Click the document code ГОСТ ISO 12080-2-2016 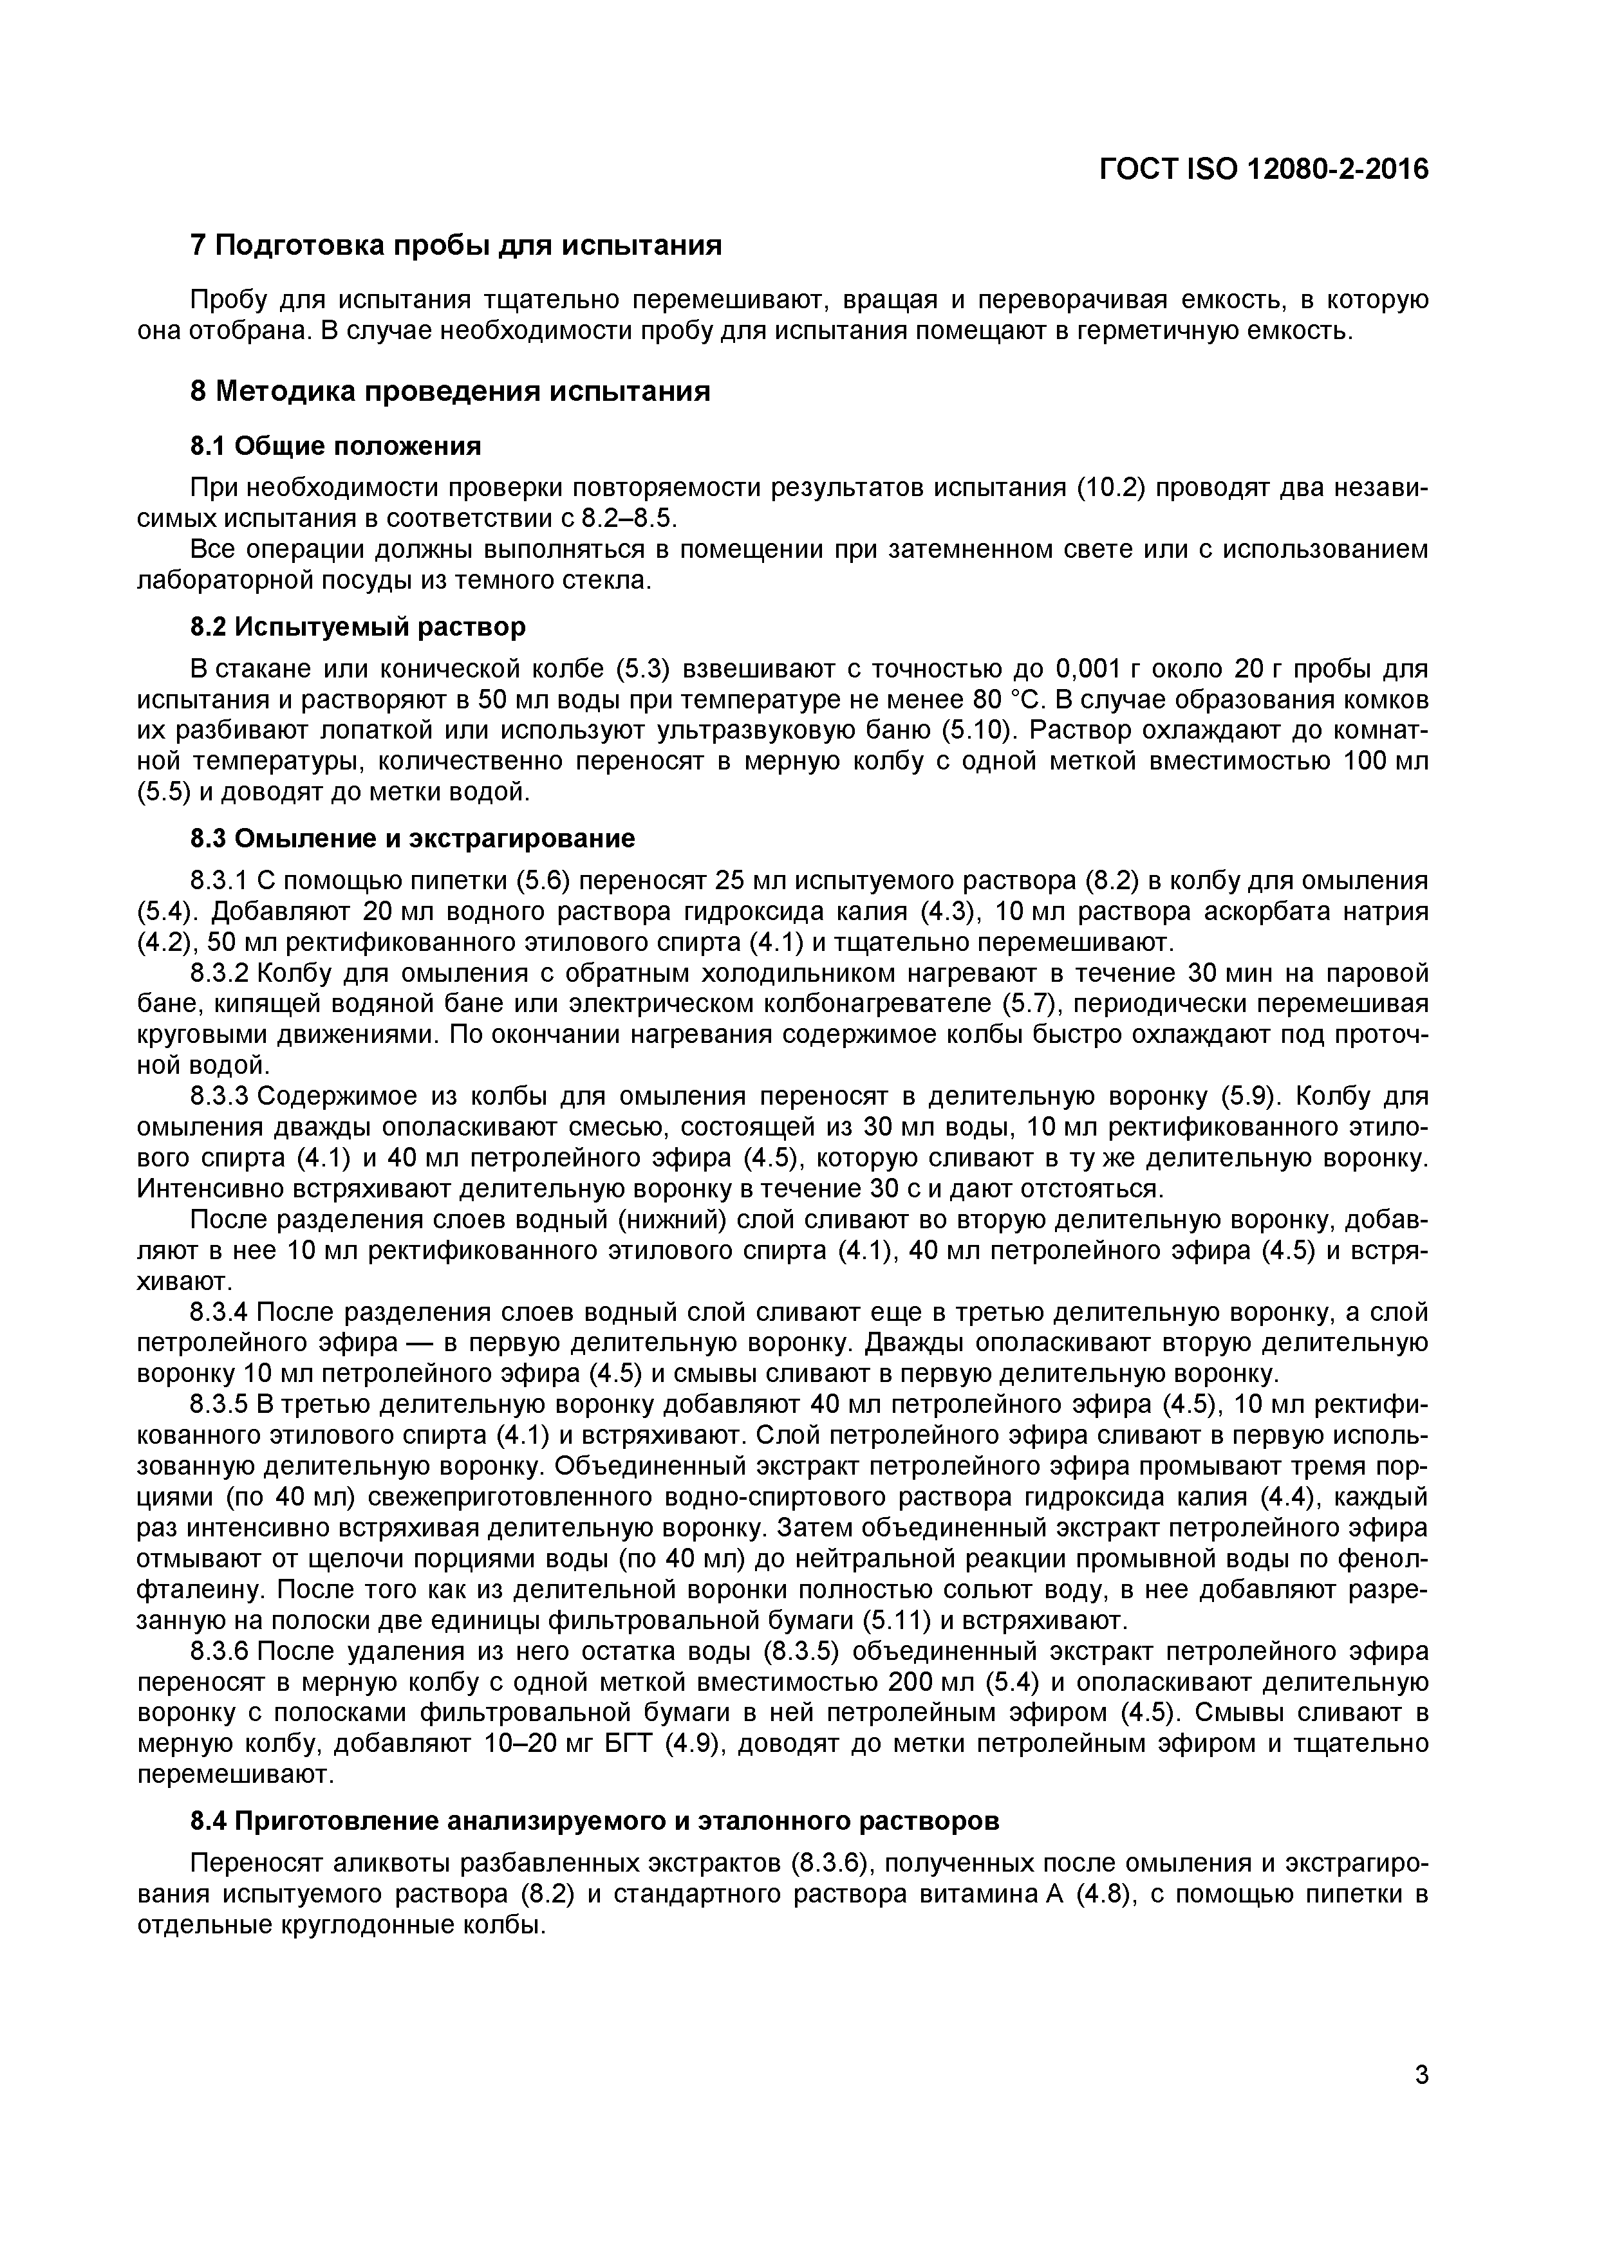click(1263, 169)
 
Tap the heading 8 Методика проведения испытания click(449, 391)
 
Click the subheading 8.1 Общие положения click(335, 447)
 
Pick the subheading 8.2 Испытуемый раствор click(358, 626)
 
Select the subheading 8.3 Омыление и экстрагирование click(412, 838)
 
